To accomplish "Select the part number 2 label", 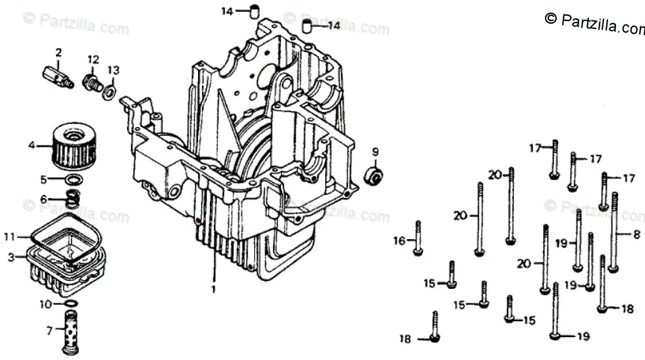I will click(59, 52).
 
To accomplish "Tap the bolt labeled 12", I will click(92, 82).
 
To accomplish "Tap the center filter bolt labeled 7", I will click(70, 332).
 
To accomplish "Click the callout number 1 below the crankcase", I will click(213, 289).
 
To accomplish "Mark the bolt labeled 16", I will click(418, 238).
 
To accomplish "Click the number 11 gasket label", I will click(9, 236).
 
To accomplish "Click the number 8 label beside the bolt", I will click(636, 235).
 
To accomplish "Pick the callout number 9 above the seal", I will click(375, 152).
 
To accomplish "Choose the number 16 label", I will click(400, 241).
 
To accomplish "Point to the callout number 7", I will click(49, 330).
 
